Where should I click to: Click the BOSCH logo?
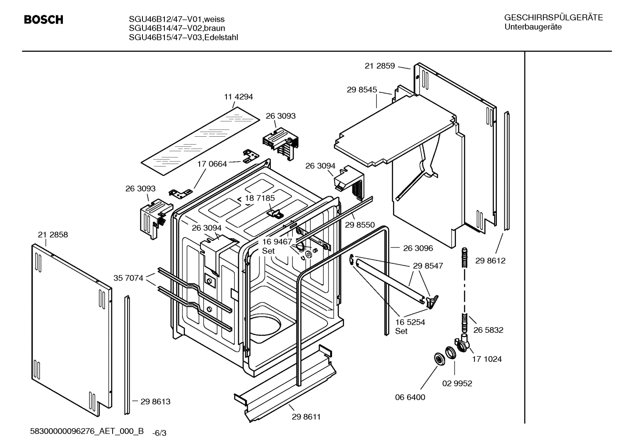(x=44, y=20)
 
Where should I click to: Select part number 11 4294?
(x=238, y=97)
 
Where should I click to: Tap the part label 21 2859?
(x=379, y=66)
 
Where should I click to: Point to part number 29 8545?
(x=361, y=90)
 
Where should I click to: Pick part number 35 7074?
(x=128, y=278)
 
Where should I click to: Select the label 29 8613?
(x=155, y=401)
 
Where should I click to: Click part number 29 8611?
(x=306, y=417)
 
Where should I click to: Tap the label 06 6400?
(x=410, y=397)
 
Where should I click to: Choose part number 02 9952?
(x=457, y=383)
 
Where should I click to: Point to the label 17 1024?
(x=487, y=359)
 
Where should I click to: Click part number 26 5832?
(x=488, y=330)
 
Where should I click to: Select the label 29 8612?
(x=490, y=261)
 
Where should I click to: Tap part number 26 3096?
(x=418, y=248)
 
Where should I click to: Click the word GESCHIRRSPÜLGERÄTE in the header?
(x=553, y=18)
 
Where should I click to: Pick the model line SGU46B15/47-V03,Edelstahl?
(x=183, y=38)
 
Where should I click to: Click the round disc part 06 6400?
(x=438, y=358)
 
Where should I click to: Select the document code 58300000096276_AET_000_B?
(x=87, y=431)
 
